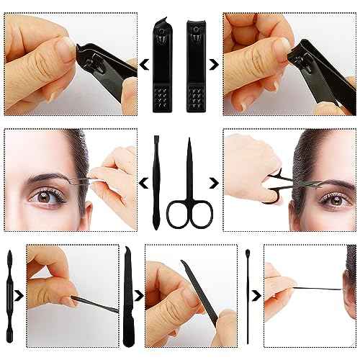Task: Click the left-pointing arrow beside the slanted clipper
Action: tap(143, 66)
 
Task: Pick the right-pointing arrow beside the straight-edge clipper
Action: tap(217, 66)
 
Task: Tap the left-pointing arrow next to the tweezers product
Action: tap(141, 182)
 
